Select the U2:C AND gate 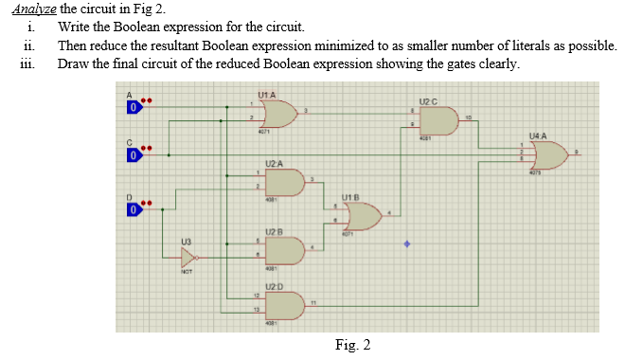click(x=437, y=120)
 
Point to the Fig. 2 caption click(x=352, y=344)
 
